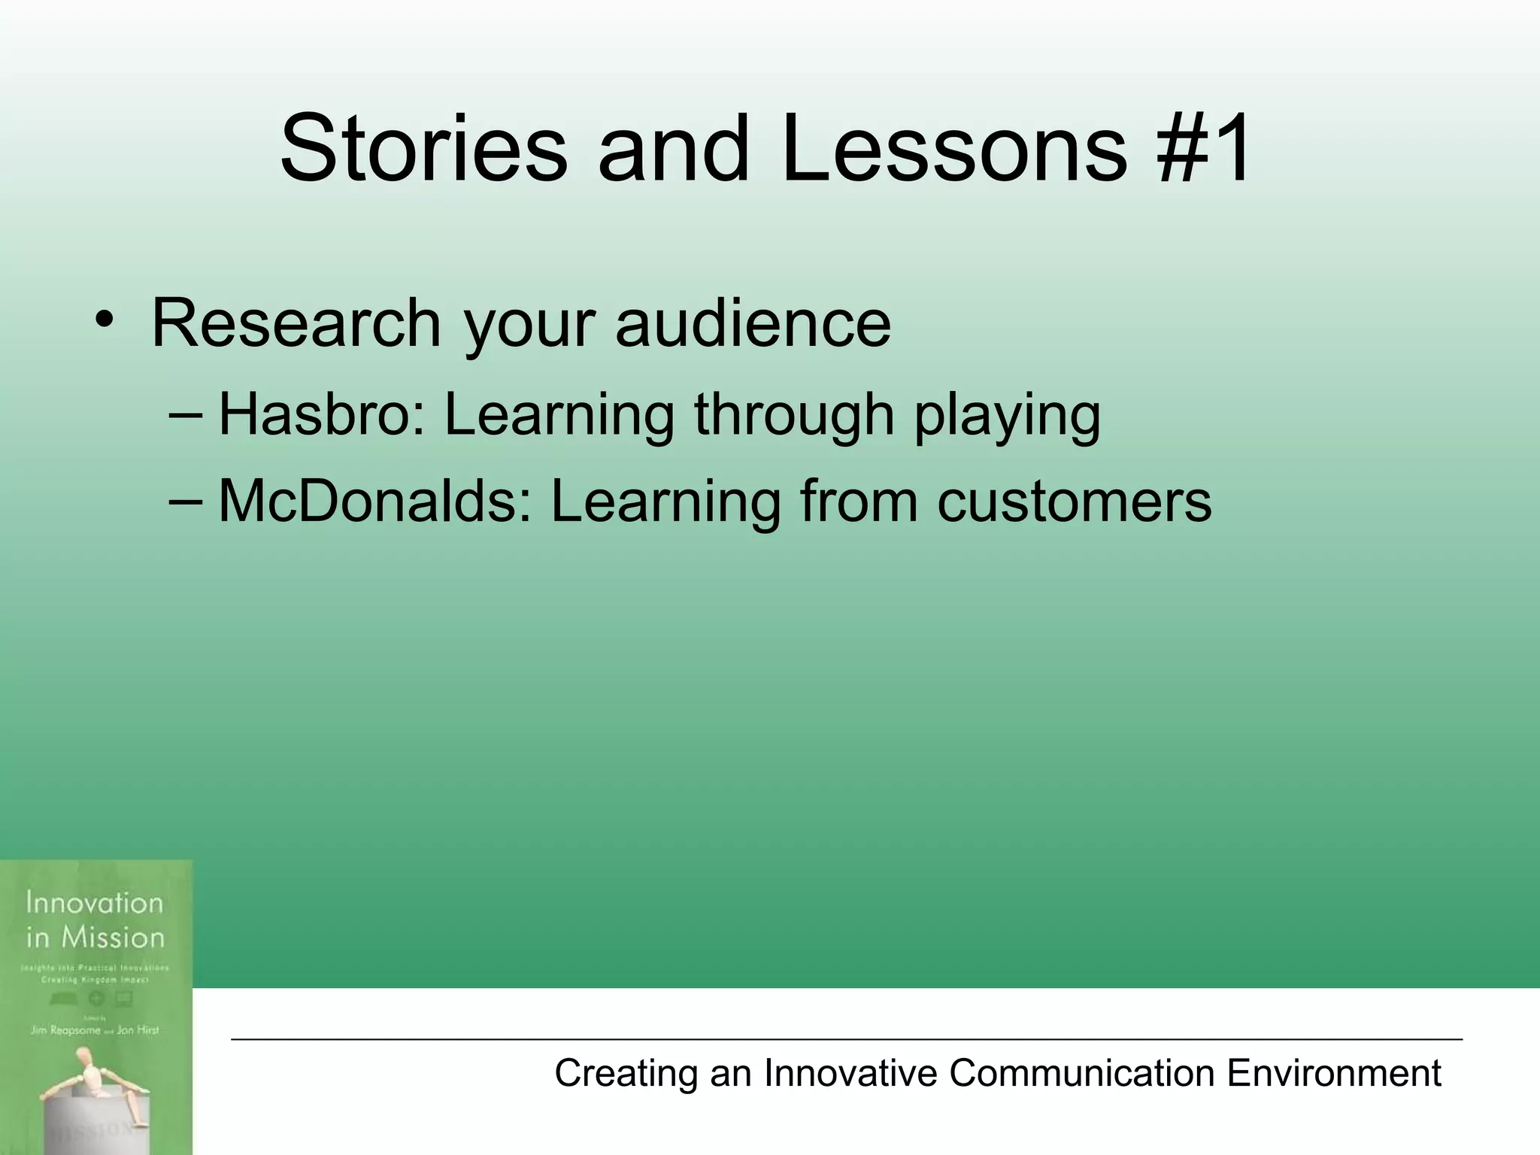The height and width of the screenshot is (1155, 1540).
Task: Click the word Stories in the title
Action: [x=423, y=148]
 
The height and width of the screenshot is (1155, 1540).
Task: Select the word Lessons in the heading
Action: [x=953, y=148]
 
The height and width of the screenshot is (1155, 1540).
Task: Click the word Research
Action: [x=296, y=323]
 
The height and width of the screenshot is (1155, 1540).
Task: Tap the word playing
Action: [x=1007, y=417]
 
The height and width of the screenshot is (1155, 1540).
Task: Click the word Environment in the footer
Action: [x=1333, y=1073]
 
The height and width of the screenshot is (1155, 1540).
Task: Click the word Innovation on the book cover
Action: [x=94, y=902]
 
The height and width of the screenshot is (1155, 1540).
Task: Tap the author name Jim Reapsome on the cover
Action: [x=65, y=1030]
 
